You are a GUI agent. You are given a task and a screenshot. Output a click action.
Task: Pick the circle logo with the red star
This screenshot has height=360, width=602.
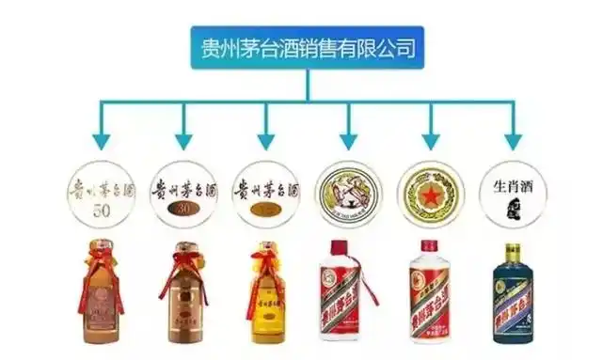(432, 193)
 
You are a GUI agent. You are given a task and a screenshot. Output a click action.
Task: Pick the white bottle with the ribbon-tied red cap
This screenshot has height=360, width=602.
(349, 295)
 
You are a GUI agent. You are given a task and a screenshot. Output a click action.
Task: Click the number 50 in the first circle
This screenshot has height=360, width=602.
(102, 208)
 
